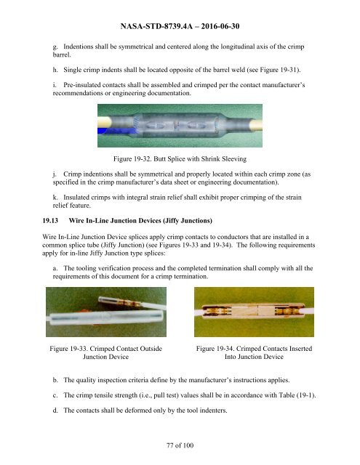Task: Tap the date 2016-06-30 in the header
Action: click(x=220, y=26)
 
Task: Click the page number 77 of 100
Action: click(x=180, y=445)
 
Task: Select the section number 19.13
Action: click(x=50, y=221)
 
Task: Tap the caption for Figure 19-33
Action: click(x=106, y=352)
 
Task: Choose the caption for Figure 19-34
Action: click(x=254, y=352)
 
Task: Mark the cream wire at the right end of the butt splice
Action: click(x=256, y=125)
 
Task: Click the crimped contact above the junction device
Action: click(x=131, y=302)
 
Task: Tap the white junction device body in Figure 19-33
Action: click(x=107, y=318)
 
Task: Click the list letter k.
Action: click(x=55, y=198)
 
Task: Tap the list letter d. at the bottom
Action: click(x=55, y=411)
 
